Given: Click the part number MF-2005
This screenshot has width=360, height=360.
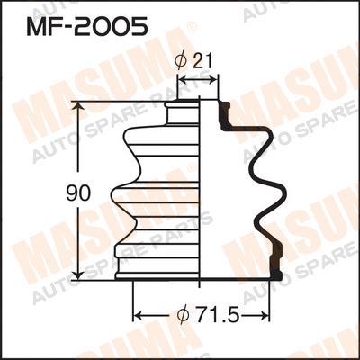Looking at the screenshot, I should (88, 27).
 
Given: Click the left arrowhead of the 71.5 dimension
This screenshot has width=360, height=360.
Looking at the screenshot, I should (138, 316).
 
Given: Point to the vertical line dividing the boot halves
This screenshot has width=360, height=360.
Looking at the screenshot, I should (199, 189).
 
